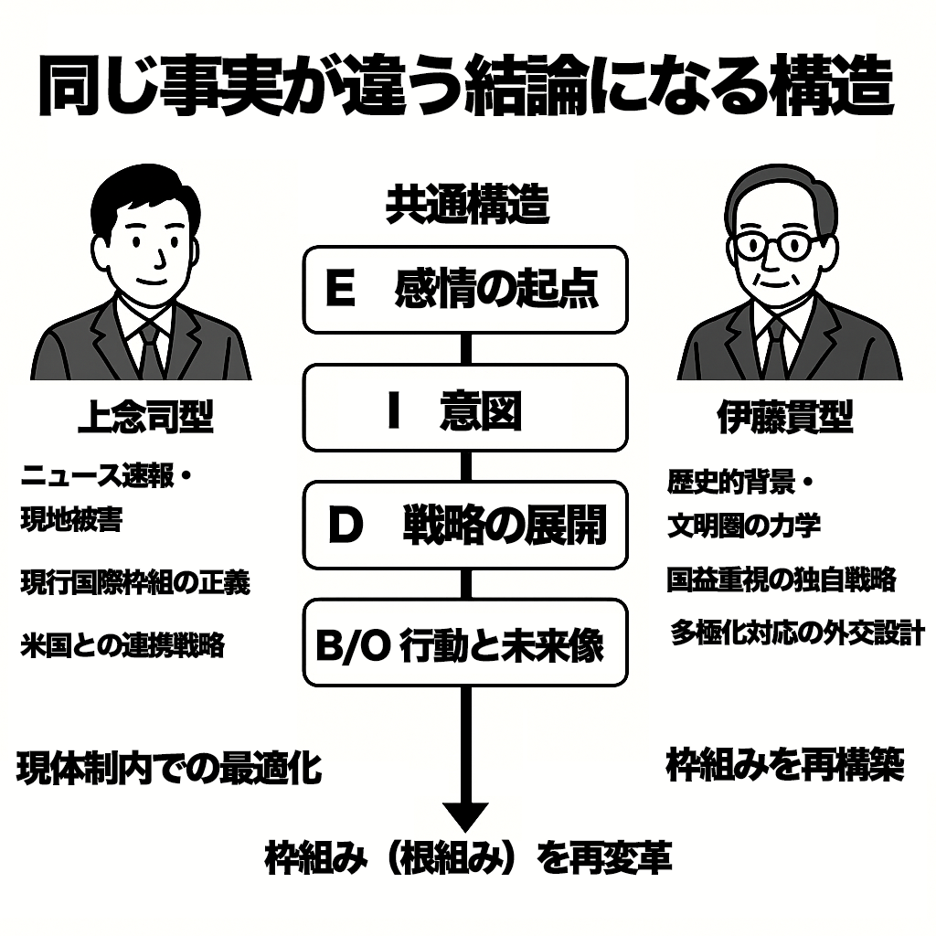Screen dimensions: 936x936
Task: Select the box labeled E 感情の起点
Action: (x=465, y=290)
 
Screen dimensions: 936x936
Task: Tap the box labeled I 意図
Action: (x=465, y=409)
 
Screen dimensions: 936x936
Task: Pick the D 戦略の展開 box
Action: (x=465, y=527)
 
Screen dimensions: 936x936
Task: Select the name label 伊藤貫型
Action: (x=785, y=418)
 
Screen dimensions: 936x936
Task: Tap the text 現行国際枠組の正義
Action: (x=135, y=582)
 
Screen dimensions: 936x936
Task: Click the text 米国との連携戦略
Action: (x=122, y=645)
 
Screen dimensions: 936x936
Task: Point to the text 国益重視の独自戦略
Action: (x=782, y=580)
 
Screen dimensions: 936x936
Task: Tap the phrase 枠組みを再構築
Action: (x=785, y=765)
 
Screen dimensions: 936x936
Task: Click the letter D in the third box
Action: (x=346, y=528)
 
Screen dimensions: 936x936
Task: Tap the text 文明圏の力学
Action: (x=743, y=525)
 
